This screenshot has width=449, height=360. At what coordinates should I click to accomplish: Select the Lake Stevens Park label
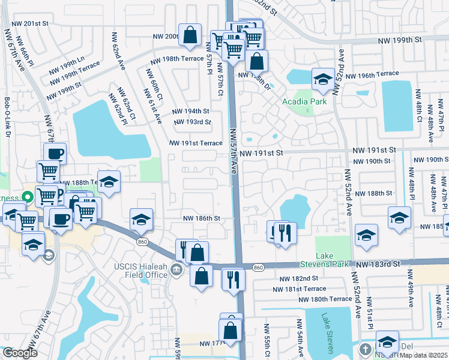pyautogui.click(x=333, y=260)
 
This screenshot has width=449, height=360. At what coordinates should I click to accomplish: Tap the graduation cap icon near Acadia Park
pyautogui.click(x=323, y=80)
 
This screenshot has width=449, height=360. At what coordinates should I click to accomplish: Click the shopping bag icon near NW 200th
pyautogui.click(x=190, y=35)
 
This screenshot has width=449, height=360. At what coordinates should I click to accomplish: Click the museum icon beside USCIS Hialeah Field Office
pyautogui.click(x=176, y=268)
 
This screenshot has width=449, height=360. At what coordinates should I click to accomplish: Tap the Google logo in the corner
pyautogui.click(x=20, y=353)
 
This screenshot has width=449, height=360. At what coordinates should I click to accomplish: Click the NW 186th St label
pyautogui.click(x=200, y=218)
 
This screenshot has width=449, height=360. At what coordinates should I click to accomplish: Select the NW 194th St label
pyautogui.click(x=190, y=112)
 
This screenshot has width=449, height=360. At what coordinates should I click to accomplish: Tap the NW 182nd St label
pyautogui.click(x=298, y=278)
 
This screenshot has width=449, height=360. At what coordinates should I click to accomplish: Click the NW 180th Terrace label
pyautogui.click(x=324, y=299)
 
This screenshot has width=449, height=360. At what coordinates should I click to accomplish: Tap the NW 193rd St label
pyautogui.click(x=192, y=122)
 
